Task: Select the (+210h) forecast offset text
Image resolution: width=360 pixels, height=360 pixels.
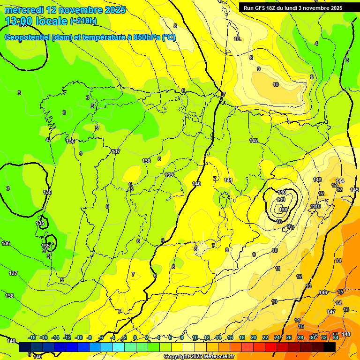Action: point(83,21)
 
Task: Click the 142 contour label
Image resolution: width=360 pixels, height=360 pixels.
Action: point(254,141)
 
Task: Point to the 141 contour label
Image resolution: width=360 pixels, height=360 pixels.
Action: point(228,180)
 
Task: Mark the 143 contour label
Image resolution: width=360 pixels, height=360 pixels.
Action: point(317,180)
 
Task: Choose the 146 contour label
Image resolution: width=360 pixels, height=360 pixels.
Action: point(323,292)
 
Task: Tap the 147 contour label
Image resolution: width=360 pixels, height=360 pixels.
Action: point(331,312)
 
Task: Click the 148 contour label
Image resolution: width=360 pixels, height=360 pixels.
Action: point(346,334)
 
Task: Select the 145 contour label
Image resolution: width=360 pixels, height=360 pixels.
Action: point(354,190)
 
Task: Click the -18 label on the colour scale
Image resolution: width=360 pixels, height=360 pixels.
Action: point(32,337)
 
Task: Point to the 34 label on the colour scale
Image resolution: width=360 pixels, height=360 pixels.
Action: point(336,337)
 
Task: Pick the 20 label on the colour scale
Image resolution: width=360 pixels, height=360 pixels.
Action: point(254,337)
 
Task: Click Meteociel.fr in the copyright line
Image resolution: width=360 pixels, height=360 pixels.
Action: point(219,357)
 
